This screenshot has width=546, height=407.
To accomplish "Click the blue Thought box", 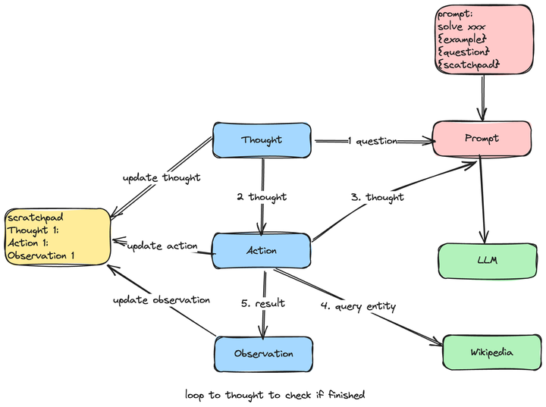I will tap(262, 140).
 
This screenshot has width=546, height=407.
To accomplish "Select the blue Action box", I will tap(262, 251).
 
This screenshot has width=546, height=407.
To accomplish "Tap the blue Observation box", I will tap(263, 354).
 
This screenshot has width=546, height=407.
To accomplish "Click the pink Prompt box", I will tap(482, 139).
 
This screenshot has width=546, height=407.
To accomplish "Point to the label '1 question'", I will tap(373, 141).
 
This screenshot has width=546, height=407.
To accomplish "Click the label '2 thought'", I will tap(262, 197).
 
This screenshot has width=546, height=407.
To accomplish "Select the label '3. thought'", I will tap(378, 197).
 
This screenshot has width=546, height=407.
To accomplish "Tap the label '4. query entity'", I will tap(357, 306).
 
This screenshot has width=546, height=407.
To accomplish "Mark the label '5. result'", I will tap(263, 303).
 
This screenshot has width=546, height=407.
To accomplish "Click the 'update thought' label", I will tap(162, 177).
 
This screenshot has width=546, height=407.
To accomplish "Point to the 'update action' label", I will tap(162, 246).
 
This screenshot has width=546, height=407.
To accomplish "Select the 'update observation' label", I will tap(162, 300).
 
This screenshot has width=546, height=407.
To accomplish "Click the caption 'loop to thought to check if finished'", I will tap(275, 395).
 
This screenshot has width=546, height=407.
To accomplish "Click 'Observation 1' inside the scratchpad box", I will tap(41, 255).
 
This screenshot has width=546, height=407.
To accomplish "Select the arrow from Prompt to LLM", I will tap(483, 201).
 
